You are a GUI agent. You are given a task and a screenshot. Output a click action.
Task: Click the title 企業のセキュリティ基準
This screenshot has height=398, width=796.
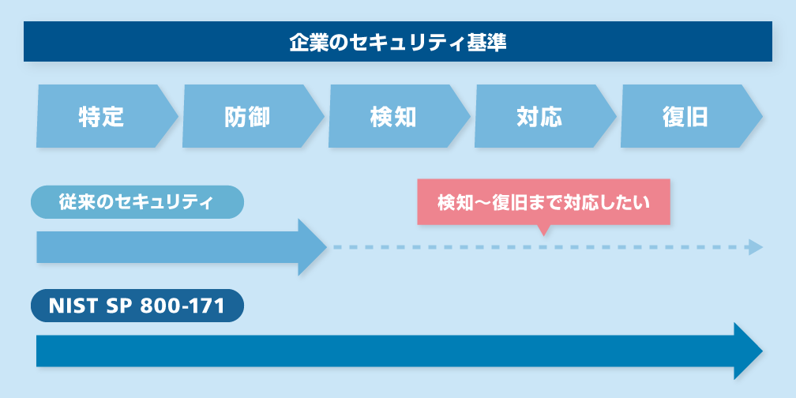tap(397, 42)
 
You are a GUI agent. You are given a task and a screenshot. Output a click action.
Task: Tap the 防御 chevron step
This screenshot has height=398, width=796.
tap(248, 117)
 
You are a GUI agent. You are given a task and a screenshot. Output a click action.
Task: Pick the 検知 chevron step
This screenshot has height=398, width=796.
tap(394, 117)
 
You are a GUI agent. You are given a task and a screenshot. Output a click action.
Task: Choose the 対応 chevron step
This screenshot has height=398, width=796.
tap(540, 117)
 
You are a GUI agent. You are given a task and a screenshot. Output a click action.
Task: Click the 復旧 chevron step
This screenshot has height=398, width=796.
tap(685, 117)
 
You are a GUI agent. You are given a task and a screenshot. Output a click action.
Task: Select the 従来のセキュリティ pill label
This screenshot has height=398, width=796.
tap(137, 202)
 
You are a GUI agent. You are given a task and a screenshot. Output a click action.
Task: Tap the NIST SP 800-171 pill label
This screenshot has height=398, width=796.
tap(137, 306)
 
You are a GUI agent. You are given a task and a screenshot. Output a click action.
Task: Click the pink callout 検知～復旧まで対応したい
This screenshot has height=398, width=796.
tap(543, 202)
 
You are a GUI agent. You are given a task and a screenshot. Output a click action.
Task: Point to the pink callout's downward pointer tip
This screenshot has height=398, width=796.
tap(543, 235)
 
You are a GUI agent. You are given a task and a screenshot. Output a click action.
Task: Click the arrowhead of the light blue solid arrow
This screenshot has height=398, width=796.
tap(313, 247)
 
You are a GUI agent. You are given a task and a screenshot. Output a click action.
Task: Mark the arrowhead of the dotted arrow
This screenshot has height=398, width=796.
tap(756, 247)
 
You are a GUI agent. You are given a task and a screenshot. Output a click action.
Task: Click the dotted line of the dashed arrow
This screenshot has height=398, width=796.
tap(537, 247)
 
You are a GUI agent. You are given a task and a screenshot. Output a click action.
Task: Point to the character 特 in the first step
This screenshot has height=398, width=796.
tap(90, 117)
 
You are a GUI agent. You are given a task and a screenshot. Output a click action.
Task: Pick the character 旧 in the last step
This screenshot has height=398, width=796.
tap(698, 117)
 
